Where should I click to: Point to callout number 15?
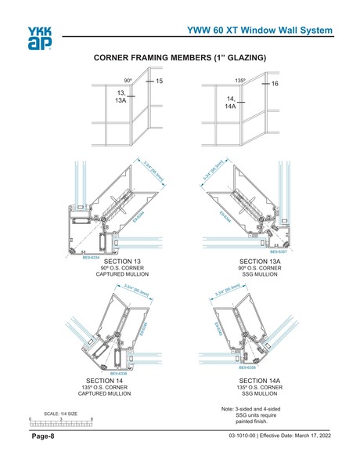(x=159, y=82)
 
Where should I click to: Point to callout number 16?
(x=275, y=83)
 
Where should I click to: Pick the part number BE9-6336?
(x=118, y=374)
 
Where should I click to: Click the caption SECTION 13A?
(x=260, y=262)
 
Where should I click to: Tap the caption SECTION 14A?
(x=260, y=381)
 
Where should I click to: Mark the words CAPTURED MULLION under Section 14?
(x=117, y=395)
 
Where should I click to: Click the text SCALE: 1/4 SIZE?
(x=60, y=413)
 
